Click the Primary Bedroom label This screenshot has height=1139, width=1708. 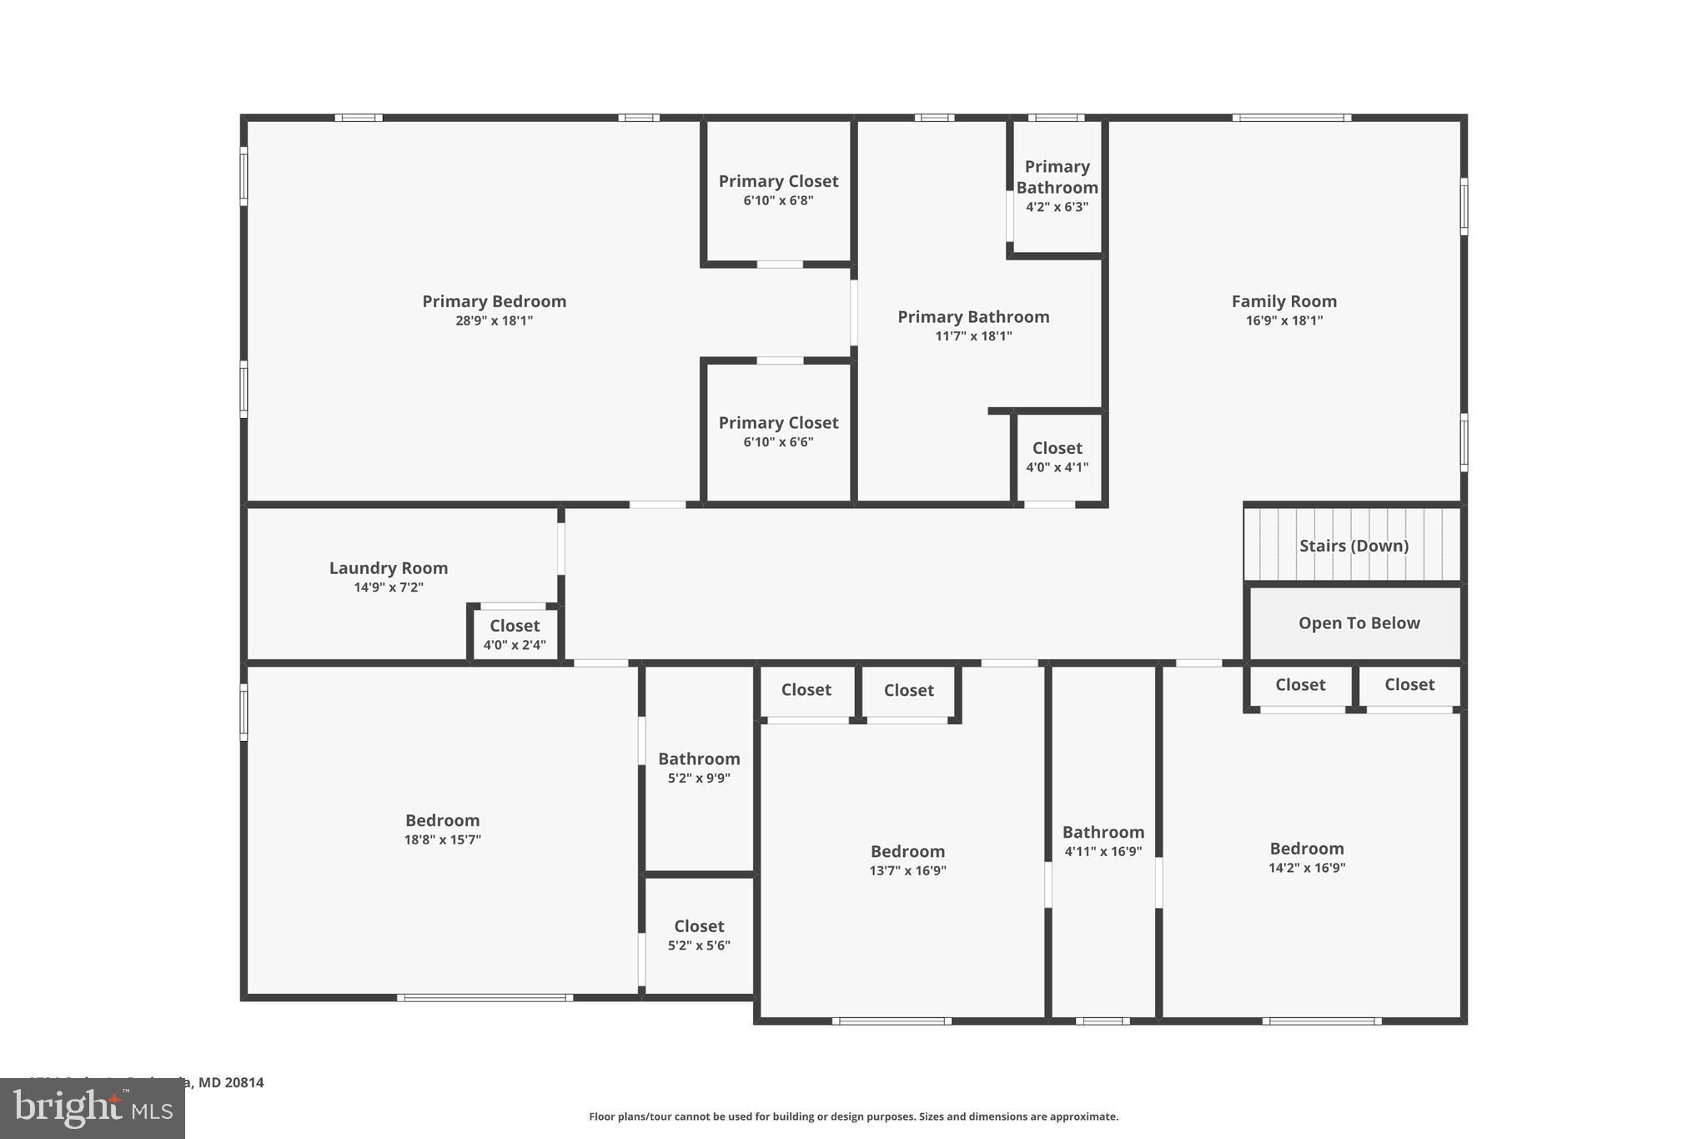pos(494,301)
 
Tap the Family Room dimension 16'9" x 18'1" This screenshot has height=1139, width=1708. pos(1284,320)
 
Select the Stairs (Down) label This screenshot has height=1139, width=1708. pos(1354,546)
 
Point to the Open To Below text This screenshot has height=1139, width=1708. pos(1359,623)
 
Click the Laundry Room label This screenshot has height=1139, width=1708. pos(389,568)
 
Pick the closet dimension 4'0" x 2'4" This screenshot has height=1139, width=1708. pos(515,645)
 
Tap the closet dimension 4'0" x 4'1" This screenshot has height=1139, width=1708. pos(1057,467)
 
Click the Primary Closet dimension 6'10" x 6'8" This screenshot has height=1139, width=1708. pos(778,200)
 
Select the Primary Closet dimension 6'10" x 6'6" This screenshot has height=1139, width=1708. pos(778,442)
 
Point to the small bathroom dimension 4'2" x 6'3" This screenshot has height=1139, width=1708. pos(1057,207)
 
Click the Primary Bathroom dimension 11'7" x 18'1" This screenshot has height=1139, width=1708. pos(973,336)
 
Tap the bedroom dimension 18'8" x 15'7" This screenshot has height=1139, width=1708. pos(442,839)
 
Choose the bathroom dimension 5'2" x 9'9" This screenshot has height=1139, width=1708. pos(699,778)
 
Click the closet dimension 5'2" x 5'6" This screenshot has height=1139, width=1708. pos(699,945)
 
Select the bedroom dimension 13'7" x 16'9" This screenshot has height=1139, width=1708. pos(907,870)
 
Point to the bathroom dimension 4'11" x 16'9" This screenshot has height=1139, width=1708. pos(1103,852)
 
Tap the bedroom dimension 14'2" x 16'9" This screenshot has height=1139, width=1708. pos(1307,868)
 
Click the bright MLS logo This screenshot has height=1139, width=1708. pos(93,1109)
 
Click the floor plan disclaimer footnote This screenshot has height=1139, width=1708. pos(853,1116)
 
